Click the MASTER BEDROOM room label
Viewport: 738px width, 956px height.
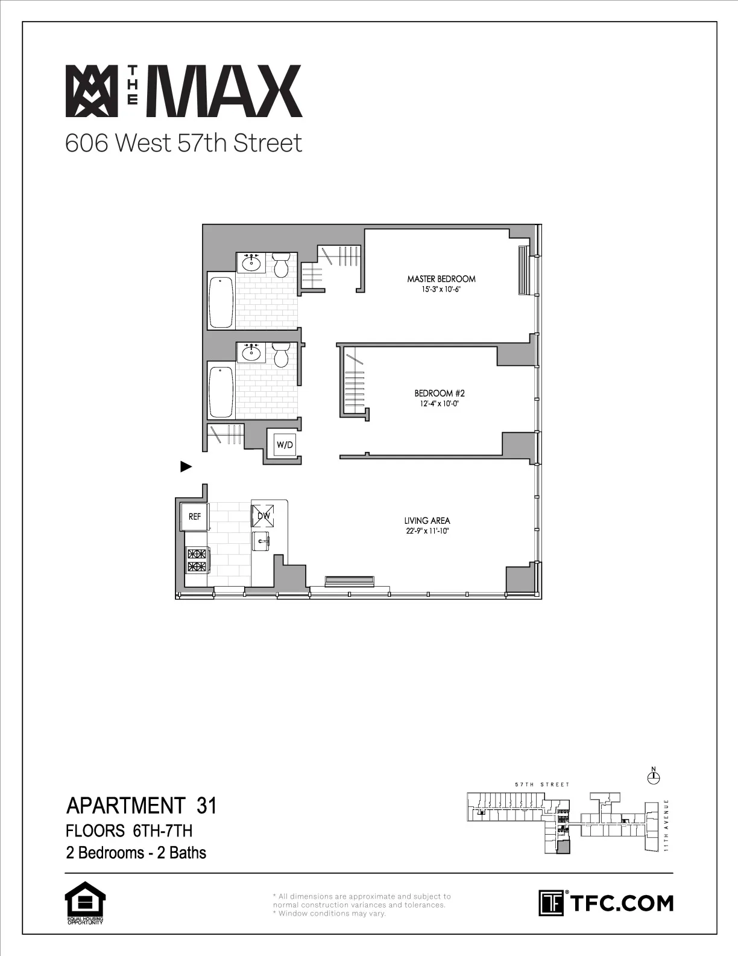point(441,279)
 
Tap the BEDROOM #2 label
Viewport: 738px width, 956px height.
point(440,393)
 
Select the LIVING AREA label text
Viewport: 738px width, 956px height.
point(427,520)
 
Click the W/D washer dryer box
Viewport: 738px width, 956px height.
point(285,445)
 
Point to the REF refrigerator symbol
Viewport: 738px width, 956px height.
point(195,517)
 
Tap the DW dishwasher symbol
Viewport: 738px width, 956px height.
point(263,516)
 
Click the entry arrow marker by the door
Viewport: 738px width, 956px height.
point(186,466)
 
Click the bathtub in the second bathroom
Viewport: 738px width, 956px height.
point(221,389)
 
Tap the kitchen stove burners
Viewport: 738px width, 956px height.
point(197,559)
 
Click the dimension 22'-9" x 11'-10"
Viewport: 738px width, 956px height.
point(427,531)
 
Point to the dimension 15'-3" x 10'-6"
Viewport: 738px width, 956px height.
point(441,289)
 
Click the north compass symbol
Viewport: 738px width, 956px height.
point(653,778)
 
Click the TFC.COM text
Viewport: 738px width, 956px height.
point(621,903)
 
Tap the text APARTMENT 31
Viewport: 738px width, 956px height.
point(141,806)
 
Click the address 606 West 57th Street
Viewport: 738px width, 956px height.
point(183,144)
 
